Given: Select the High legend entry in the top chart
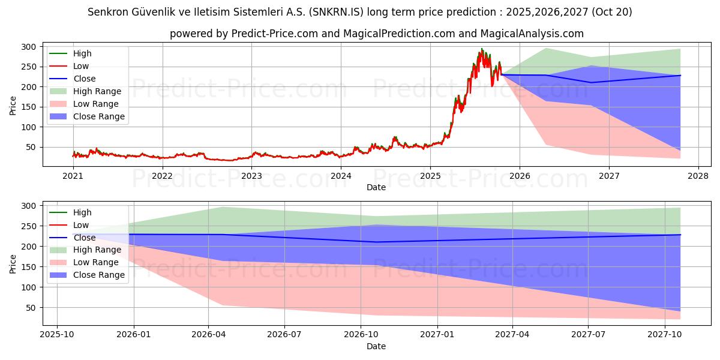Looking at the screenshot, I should (x=83, y=53).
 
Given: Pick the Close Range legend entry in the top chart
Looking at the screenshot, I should (x=98, y=116).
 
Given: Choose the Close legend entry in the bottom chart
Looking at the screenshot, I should (x=85, y=238).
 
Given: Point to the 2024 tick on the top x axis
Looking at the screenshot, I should (x=341, y=176).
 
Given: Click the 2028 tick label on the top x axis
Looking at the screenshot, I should (x=698, y=176).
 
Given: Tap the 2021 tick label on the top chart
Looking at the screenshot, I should (x=73, y=176).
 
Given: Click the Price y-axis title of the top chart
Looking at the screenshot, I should (x=13, y=105).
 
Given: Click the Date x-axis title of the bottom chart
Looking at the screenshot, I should (x=376, y=346).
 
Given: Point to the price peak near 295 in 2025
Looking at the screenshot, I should (x=481, y=49).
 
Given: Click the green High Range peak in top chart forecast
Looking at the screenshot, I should (x=546, y=48).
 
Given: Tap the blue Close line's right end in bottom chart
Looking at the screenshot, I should (x=680, y=235).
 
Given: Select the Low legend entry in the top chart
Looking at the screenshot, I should (x=82, y=66).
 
